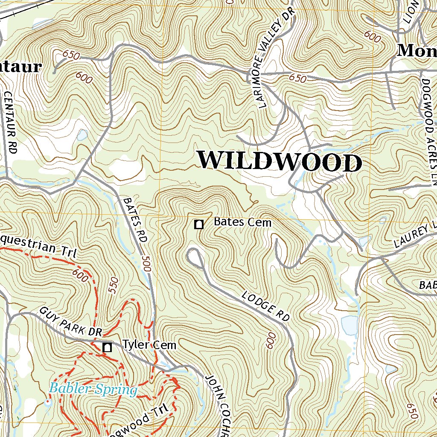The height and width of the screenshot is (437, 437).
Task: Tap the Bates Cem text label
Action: point(242,222)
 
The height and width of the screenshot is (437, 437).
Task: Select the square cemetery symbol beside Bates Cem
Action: point(198,224)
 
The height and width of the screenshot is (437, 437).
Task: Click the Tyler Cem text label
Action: point(149,345)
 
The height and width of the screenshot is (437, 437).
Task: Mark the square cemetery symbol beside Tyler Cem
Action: point(107,347)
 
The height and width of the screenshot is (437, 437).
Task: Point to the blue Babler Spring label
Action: point(93,389)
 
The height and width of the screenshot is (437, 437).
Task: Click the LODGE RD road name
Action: point(266,306)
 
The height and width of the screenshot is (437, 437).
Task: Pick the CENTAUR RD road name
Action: point(12,122)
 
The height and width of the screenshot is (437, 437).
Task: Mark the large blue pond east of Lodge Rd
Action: point(349,326)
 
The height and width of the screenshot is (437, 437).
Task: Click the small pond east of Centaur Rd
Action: point(82,135)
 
